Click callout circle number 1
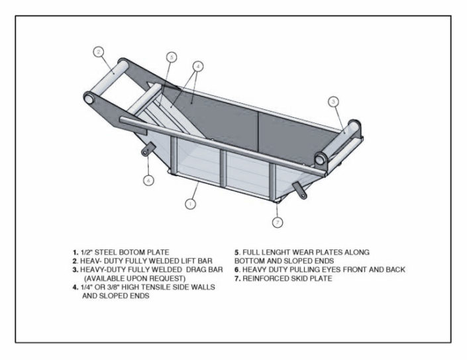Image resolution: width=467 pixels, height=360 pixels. click(x=190, y=204)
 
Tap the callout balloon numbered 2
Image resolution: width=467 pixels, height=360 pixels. click(x=97, y=52)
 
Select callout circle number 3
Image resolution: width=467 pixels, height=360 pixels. click(x=333, y=101)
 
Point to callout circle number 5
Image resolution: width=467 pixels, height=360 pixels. click(x=171, y=58)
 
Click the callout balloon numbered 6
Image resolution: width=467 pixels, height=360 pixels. click(x=149, y=179)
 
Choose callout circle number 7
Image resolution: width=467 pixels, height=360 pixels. click(x=277, y=222)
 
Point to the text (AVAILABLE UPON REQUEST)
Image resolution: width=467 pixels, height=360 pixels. click(x=132, y=279)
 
